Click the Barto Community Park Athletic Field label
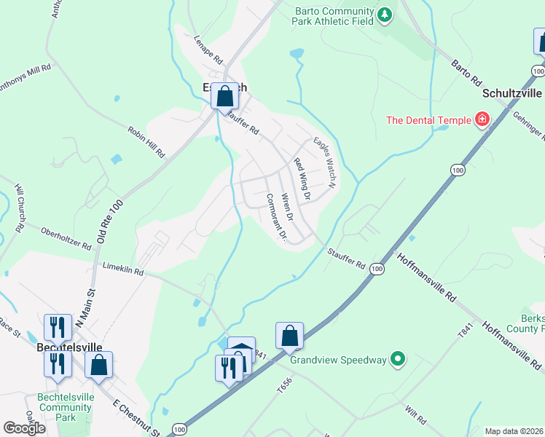pos(333,16)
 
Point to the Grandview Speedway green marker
pos(397,359)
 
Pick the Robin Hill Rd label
pos(146,141)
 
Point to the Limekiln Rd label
pos(123,269)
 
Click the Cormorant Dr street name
pos(277,217)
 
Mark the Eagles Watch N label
pos(324,162)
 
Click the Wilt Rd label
pos(416,416)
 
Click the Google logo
pos(25,428)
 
